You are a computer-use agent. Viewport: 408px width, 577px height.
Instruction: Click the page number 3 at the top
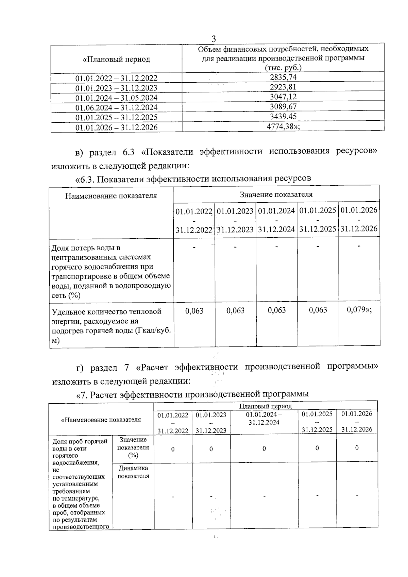point(214,38)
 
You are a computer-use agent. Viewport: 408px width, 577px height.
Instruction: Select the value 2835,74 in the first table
point(283,77)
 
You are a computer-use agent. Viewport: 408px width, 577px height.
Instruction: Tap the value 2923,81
point(283,87)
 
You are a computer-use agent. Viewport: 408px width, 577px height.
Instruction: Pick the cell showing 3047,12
point(283,97)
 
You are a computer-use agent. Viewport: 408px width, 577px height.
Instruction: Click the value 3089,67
point(283,106)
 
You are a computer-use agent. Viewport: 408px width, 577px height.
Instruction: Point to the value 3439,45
point(283,116)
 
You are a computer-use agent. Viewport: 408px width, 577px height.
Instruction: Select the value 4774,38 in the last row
point(281,126)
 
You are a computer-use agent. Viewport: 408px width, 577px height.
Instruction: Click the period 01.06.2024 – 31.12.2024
point(116,107)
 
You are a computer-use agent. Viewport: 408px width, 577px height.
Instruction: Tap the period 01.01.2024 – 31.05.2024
point(116,98)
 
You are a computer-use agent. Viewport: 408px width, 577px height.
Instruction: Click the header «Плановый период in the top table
point(116,59)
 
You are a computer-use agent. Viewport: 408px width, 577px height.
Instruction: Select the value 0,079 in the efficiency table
point(356,310)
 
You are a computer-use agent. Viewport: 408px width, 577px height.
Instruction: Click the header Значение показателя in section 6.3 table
point(276,194)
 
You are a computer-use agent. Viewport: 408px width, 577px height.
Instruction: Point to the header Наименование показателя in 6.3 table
point(111,196)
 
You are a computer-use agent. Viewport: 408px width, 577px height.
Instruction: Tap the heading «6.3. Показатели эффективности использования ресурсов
point(193,179)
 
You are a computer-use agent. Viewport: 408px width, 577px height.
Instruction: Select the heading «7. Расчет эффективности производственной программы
point(192,394)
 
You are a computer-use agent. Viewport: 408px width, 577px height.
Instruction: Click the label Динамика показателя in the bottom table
point(133,472)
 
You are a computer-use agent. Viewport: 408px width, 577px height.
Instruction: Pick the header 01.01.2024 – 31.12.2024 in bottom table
point(264,419)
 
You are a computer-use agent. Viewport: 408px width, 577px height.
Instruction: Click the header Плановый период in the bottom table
point(266,406)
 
